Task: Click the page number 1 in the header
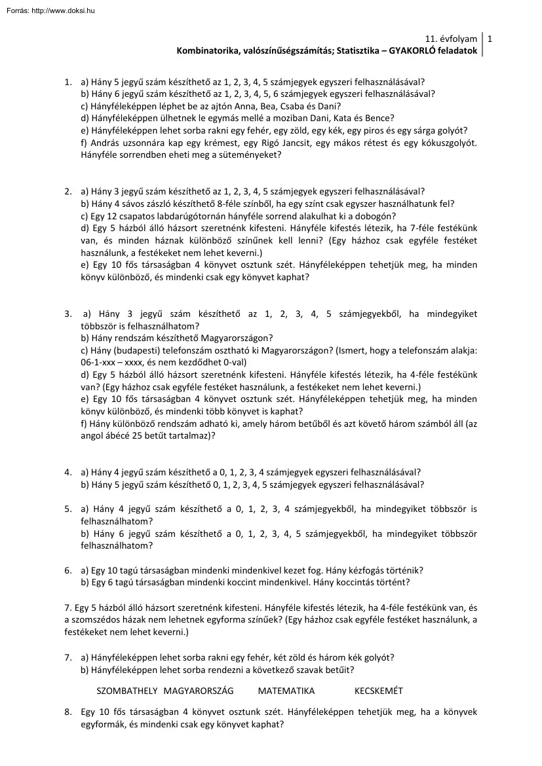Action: click(490, 39)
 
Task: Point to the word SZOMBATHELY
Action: click(127, 691)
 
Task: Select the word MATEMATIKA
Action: click(286, 691)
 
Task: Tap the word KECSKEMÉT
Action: click(379, 691)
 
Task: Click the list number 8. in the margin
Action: click(68, 712)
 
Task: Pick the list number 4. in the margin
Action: click(68, 472)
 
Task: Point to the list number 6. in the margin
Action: click(68, 570)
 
